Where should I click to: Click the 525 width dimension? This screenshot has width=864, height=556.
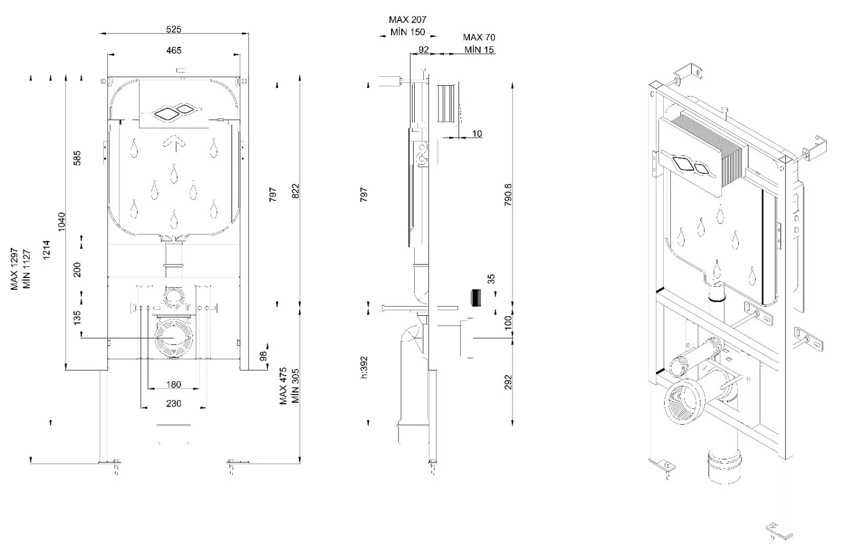click(174, 29)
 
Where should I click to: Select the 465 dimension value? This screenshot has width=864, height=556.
click(174, 50)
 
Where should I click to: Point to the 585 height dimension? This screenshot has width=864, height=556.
click(77, 158)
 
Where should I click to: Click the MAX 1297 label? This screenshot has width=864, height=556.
click(15, 269)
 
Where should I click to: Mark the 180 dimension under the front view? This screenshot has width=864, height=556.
click(173, 385)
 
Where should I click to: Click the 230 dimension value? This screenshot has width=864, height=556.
click(173, 403)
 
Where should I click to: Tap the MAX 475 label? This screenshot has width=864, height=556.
click(283, 387)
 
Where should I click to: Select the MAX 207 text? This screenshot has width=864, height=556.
click(408, 20)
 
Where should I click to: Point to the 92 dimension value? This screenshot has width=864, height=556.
click(424, 50)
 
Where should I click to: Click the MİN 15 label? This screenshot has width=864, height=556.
click(479, 50)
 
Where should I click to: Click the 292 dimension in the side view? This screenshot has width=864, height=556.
click(508, 382)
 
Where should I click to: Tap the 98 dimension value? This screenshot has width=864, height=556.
click(264, 356)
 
